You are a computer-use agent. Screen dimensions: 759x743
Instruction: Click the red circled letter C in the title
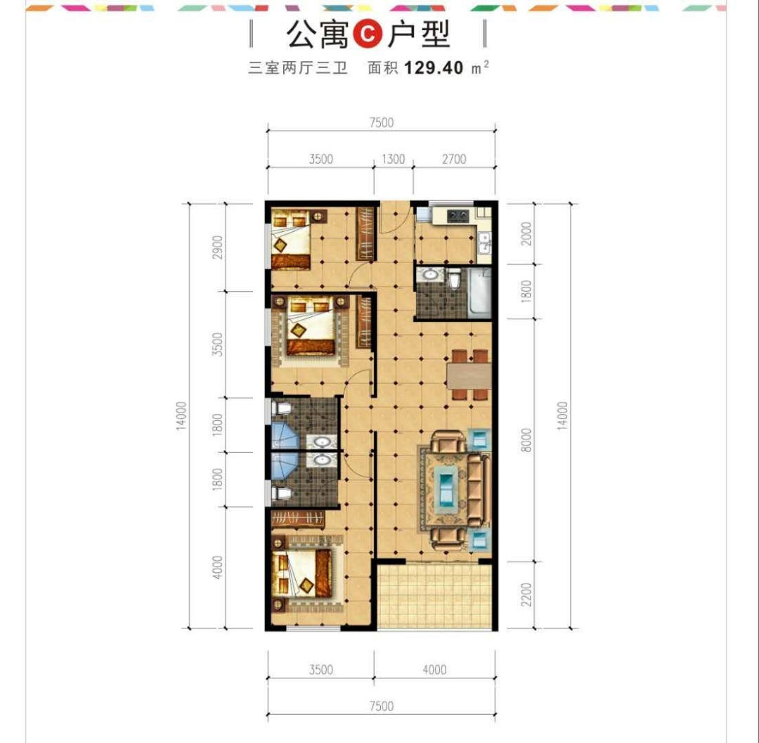[x=368, y=34]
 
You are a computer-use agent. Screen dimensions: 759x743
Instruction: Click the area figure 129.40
[x=434, y=67]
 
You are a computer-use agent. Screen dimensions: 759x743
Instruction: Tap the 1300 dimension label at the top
[x=393, y=159]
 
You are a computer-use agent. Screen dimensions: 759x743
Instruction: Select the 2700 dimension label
[x=454, y=159]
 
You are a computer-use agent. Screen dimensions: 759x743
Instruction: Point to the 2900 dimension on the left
[x=218, y=247]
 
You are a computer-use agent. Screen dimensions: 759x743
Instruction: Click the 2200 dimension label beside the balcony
[x=526, y=595]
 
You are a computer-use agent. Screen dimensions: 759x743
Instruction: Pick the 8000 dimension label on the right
[x=526, y=440]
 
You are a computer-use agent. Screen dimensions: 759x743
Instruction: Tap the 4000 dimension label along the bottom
[x=435, y=669]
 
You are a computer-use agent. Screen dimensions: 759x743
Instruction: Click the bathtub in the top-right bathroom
[x=479, y=292]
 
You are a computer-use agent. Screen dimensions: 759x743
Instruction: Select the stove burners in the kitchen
[x=458, y=215]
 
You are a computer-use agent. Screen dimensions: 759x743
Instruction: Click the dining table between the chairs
[x=469, y=375]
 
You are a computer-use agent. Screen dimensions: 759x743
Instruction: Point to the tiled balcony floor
[x=434, y=596]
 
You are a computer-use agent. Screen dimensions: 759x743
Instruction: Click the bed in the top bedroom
[x=291, y=239]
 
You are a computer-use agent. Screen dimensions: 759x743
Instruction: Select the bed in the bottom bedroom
[x=302, y=574]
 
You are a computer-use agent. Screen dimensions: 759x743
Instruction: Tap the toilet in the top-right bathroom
[x=454, y=280]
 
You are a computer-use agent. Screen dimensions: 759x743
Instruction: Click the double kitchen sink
[x=484, y=243]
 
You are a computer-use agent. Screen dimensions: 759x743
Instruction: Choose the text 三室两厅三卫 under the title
[x=298, y=67]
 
